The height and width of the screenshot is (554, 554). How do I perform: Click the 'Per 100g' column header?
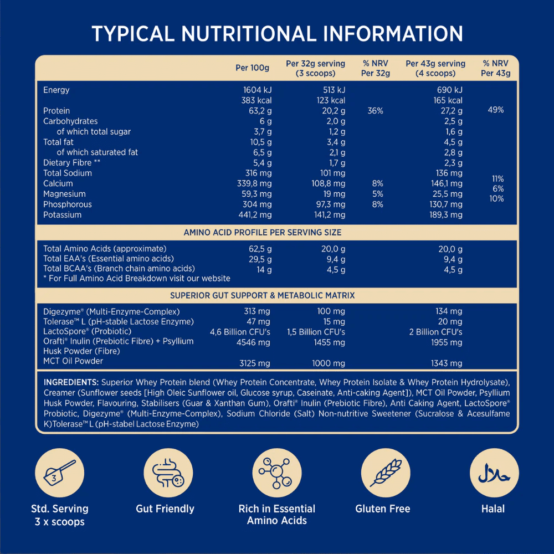[x=252, y=68]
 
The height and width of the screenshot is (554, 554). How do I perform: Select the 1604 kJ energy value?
[x=257, y=90]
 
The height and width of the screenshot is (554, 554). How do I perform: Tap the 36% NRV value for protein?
[x=375, y=111]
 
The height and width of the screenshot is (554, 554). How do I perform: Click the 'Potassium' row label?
[x=62, y=215]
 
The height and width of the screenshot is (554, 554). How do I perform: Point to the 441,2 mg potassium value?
[x=254, y=215]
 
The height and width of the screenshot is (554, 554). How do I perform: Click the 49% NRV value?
[x=496, y=110]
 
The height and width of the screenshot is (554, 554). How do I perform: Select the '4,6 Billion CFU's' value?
[x=240, y=332]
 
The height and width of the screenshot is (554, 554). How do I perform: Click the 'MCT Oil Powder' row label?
[x=73, y=361]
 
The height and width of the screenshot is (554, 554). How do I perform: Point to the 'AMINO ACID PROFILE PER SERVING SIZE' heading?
[x=263, y=233]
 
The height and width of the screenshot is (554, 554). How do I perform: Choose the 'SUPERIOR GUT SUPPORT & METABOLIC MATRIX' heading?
[x=263, y=295]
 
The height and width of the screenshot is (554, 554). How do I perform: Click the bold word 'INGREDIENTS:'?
[x=71, y=382]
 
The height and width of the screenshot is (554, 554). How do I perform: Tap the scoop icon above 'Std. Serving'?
[x=59, y=473]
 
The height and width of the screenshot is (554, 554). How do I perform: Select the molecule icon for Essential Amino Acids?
[x=276, y=473]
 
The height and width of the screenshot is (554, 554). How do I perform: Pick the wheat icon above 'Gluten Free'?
[x=382, y=473]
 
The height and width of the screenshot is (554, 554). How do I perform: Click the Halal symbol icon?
[x=493, y=473]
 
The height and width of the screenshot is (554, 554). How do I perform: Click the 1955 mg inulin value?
[x=449, y=342]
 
